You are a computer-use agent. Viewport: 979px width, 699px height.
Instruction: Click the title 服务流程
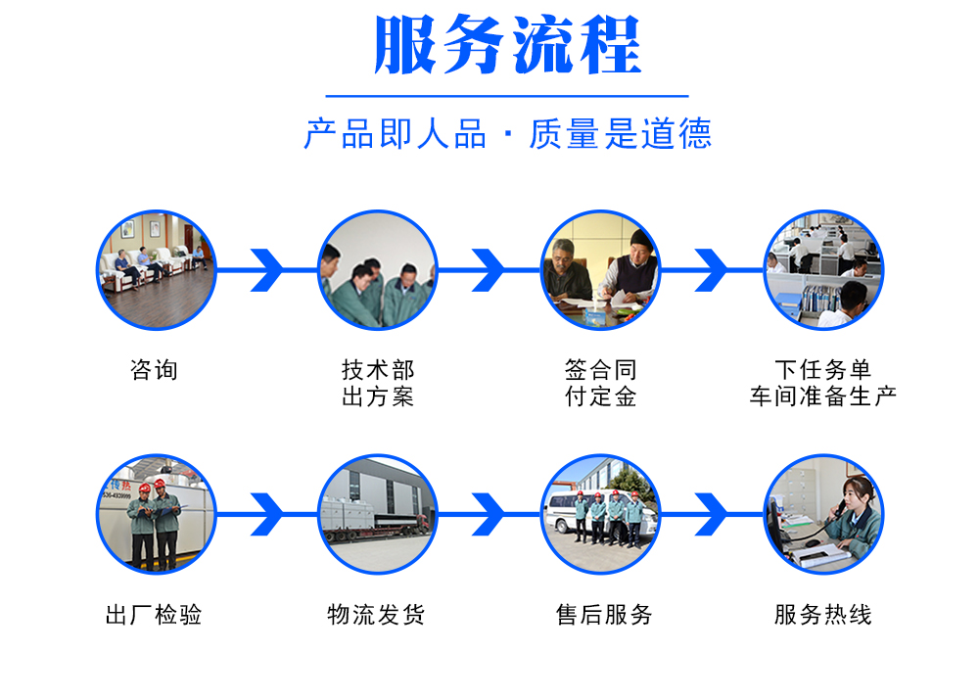[507, 45]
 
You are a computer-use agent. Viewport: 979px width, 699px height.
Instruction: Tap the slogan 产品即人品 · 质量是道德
[507, 133]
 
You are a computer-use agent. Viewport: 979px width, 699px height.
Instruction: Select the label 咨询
[155, 370]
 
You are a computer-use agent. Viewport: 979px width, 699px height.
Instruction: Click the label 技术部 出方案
[378, 383]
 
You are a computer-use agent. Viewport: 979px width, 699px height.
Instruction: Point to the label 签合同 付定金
[601, 383]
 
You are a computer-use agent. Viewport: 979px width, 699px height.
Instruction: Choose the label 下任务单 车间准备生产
[823, 383]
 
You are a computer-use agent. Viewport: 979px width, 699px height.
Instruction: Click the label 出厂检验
[155, 615]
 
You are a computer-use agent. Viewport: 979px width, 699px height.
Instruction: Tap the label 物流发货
[377, 615]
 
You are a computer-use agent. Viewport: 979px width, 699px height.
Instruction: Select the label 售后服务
[604, 615]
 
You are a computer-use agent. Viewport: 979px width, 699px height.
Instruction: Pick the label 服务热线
[823, 615]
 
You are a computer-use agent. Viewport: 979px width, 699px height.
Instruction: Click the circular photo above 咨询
[156, 270]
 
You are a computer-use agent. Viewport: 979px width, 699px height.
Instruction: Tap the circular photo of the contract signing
[601, 270]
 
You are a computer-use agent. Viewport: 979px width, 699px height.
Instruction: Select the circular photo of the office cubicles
[823, 270]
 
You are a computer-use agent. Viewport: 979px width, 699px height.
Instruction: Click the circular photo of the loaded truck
[378, 514]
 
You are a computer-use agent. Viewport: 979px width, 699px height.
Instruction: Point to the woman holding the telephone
[857, 516]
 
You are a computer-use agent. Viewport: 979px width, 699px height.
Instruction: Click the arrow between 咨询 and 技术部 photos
[267, 270]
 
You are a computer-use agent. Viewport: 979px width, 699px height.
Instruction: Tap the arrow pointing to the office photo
[712, 270]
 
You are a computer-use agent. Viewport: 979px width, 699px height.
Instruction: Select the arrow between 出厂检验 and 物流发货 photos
[267, 514]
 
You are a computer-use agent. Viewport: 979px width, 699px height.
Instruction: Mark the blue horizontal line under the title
[507, 96]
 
